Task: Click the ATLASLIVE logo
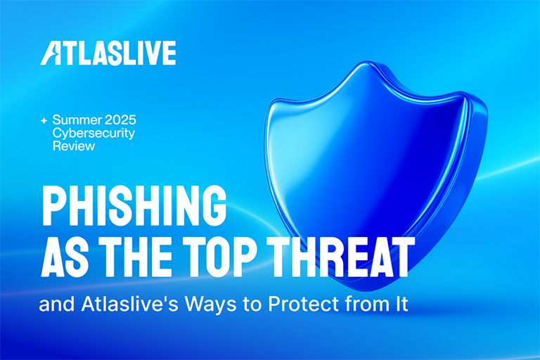point(108,53)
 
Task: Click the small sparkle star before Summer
point(44,121)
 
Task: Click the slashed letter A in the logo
point(51,53)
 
